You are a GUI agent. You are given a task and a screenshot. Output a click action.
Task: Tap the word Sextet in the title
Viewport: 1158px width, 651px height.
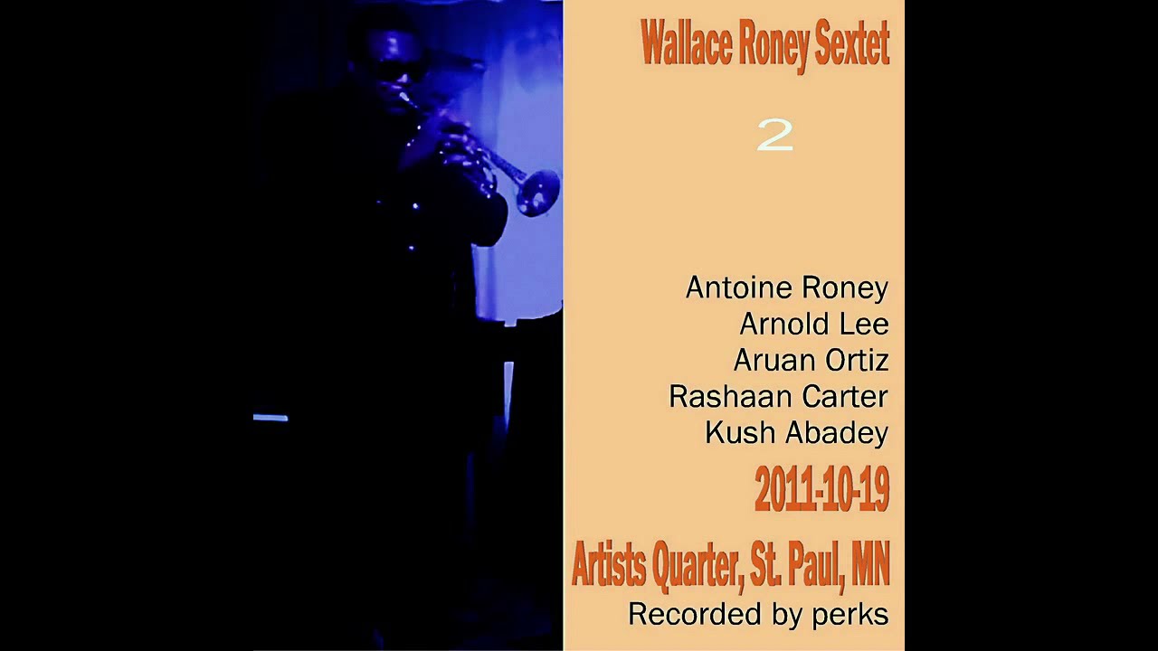click(x=851, y=45)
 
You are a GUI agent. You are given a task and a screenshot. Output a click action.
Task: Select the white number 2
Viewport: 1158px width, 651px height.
click(x=774, y=136)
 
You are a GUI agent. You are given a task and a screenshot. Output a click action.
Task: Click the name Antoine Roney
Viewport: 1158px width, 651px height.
click(x=786, y=288)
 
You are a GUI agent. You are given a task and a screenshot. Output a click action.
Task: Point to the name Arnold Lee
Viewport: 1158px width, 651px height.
click(x=813, y=324)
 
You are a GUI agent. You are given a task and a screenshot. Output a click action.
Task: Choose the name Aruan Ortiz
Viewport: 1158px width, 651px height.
click(x=811, y=360)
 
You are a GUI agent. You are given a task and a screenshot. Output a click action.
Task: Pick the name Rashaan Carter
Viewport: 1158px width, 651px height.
click(x=778, y=396)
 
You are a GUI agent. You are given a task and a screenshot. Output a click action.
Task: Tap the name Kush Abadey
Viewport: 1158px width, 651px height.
click(x=796, y=432)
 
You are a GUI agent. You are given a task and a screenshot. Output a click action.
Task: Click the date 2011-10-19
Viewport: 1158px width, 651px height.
click(x=821, y=490)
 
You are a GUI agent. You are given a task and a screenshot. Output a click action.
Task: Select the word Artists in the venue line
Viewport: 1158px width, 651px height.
click(x=608, y=565)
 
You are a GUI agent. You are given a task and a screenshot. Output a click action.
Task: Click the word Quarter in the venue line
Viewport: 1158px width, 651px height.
click(x=697, y=565)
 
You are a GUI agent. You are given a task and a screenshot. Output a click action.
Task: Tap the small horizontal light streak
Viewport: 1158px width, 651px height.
click(x=271, y=418)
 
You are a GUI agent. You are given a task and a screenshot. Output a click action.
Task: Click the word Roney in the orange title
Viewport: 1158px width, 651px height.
click(x=772, y=45)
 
